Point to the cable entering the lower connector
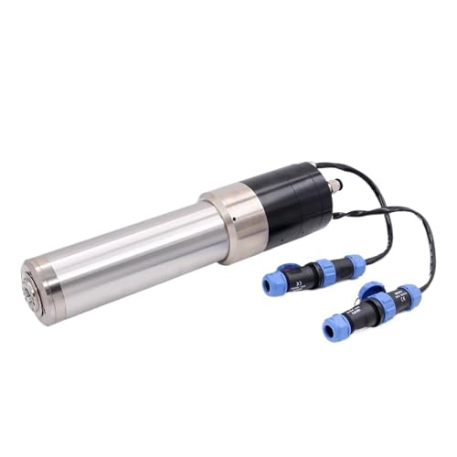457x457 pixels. click(x=424, y=265)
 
